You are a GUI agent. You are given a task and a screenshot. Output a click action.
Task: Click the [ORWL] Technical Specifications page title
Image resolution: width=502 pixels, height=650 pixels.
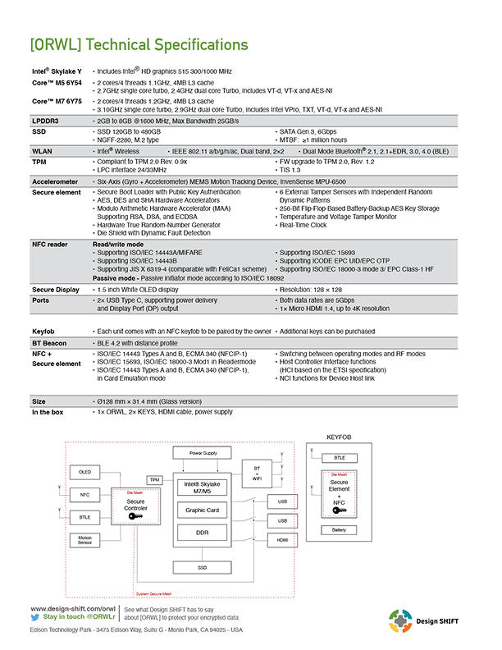pyautogui.click(x=138, y=43)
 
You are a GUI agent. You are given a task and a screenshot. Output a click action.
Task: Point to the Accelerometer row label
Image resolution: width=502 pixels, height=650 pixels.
pyautogui.click(x=55, y=181)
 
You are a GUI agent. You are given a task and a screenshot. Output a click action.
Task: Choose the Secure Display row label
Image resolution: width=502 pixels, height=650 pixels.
pyautogui.click(x=56, y=290)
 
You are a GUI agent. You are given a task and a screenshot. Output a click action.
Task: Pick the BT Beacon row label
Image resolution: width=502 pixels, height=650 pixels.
pyautogui.click(x=50, y=342)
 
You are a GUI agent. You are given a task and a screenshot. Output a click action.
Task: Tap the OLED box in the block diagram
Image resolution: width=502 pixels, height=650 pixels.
pyautogui.click(x=84, y=472)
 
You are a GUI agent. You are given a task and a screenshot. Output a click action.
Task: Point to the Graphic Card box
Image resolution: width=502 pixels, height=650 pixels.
pyautogui.click(x=203, y=510)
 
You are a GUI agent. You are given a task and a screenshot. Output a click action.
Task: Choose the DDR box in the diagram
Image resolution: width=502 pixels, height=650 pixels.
pyautogui.click(x=203, y=532)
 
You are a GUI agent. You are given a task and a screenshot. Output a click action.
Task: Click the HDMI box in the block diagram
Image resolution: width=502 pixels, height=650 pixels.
pyautogui.click(x=282, y=540)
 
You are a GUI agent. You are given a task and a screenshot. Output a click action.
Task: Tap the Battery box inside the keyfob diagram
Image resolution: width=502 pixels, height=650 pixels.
pyautogui.click(x=339, y=530)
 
